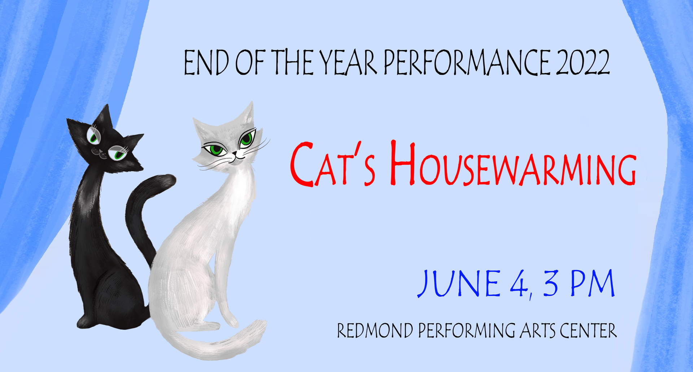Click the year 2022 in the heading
[x=583, y=62]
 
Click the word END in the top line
[x=206, y=62]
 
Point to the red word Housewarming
[x=513, y=164]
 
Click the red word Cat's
[x=333, y=164]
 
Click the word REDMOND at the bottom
[x=375, y=330]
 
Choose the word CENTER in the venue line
[x=588, y=330]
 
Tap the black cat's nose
[x=95, y=151]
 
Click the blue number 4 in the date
[x=518, y=284]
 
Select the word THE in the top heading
[x=292, y=62]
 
